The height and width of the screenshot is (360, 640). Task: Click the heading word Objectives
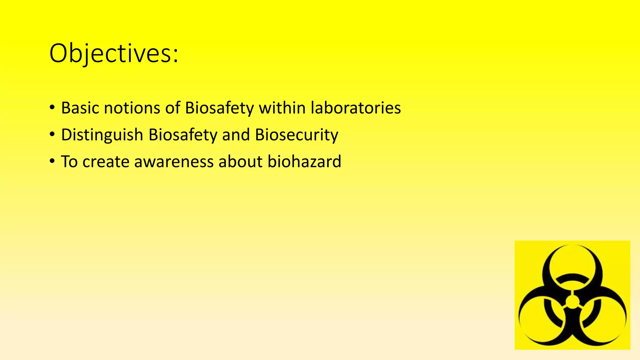pyautogui.click(x=110, y=54)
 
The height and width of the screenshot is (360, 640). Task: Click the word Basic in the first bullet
pyautogui.click(x=80, y=108)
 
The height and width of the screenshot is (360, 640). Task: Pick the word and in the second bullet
pyautogui.click(x=236, y=135)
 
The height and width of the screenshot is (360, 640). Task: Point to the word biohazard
pyautogui.click(x=304, y=162)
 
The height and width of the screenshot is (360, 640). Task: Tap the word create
pyautogui.click(x=106, y=162)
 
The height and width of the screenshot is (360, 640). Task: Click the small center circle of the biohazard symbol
pyautogui.click(x=572, y=302)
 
